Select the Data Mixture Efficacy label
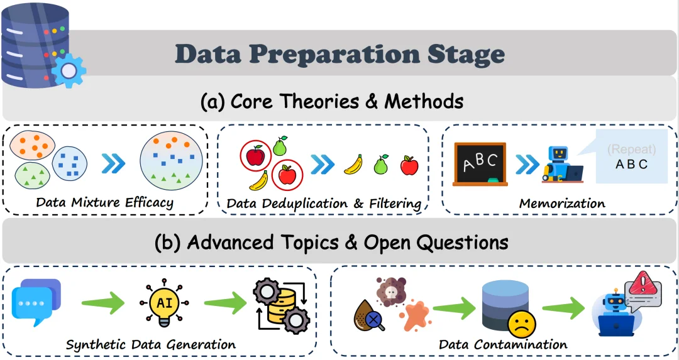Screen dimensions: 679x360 (x=104, y=202)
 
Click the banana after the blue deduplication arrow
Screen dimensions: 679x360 (x=353, y=165)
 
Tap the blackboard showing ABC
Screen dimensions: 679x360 (x=480, y=164)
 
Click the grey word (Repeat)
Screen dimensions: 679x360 (x=631, y=150)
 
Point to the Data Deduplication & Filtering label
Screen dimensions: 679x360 (x=324, y=203)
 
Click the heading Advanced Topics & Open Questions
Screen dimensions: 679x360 (x=331, y=243)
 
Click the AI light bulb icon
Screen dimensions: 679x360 (x=165, y=303)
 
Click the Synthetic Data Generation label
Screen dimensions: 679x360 (x=151, y=344)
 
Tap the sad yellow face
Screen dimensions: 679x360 (x=522, y=325)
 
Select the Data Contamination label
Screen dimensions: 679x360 (x=503, y=344)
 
